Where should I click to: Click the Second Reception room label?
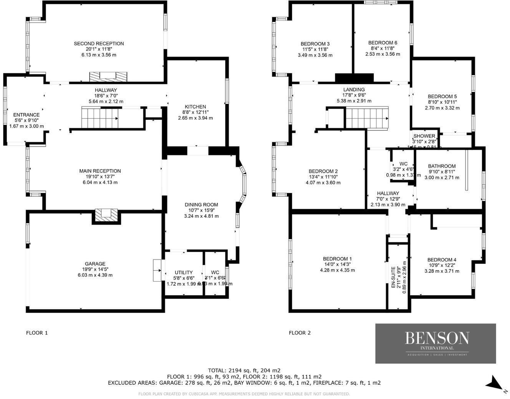point(99,43)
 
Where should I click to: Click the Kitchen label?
point(195,107)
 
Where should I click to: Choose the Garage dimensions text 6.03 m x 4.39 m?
point(95,275)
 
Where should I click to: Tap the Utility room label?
point(184,272)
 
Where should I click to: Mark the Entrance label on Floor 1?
point(26,115)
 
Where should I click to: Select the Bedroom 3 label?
point(315,44)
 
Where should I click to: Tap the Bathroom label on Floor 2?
point(442,166)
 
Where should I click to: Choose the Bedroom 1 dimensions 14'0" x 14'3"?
point(337,264)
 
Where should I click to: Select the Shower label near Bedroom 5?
point(424,136)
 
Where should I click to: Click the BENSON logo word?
point(437,338)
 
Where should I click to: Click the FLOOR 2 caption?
point(300,333)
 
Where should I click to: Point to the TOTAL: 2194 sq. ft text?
point(244,370)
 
